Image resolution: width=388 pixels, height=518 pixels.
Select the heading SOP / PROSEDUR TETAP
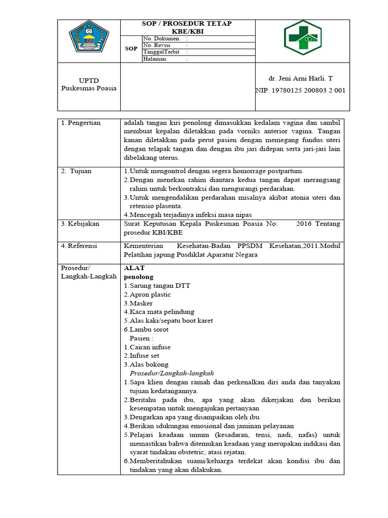point(187,24)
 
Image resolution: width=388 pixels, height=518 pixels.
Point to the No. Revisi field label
point(157,45)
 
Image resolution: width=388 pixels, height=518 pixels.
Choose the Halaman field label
point(155,59)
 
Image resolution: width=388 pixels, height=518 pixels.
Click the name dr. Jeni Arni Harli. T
point(301,78)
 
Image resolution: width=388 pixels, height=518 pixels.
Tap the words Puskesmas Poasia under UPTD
point(89,88)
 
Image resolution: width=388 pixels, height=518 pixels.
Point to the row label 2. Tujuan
point(76,171)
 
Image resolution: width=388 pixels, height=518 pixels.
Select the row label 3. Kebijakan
point(80,224)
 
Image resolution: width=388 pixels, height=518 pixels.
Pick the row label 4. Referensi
point(80,246)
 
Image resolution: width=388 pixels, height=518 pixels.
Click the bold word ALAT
point(134,268)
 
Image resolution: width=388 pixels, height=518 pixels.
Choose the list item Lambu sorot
point(149,329)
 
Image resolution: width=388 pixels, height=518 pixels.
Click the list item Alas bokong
point(149,364)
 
